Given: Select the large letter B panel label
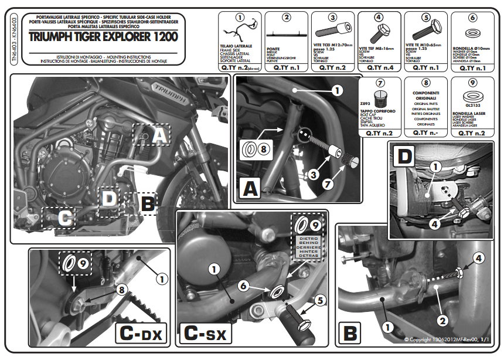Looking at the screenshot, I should tap(350, 333).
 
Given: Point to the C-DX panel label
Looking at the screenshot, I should tap(141, 334).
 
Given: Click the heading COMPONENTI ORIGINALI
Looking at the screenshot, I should tap(426, 96).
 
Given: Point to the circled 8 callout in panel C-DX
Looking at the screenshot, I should tap(121, 289).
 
